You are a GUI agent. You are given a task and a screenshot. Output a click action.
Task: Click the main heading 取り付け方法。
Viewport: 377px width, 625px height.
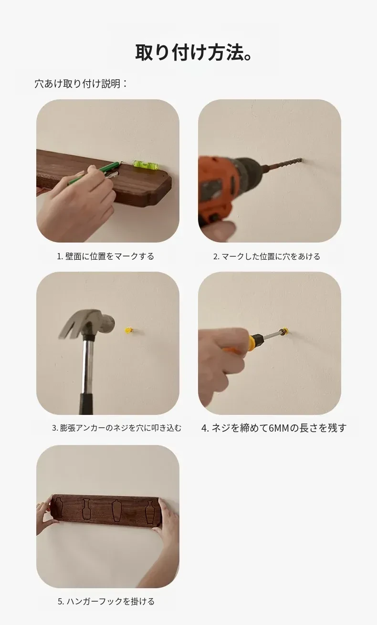[194, 52]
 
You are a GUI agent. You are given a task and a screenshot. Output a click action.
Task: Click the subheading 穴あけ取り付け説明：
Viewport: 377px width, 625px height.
[81, 84]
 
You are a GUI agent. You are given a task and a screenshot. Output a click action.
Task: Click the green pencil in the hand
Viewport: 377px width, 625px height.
[94, 173]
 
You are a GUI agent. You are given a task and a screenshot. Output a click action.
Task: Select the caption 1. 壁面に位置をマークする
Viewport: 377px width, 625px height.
[105, 256]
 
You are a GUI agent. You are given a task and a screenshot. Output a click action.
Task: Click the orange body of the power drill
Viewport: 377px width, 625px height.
[216, 187]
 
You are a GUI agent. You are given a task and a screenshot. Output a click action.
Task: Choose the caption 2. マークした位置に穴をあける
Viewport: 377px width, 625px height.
[267, 256]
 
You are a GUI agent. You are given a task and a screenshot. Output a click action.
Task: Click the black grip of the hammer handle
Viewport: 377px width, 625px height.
[87, 404]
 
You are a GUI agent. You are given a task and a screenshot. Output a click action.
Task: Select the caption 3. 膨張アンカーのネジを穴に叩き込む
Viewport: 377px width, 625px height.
[116, 428]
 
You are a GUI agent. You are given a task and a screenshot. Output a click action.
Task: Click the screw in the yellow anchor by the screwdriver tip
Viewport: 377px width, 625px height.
[285, 331]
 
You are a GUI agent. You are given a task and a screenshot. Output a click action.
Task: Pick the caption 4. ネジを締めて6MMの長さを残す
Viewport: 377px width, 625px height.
[274, 428]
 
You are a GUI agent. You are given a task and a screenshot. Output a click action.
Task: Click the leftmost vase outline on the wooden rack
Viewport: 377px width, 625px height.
[58, 508]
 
